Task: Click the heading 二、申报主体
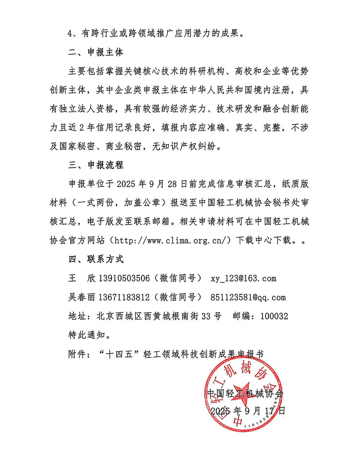click(x=96, y=52)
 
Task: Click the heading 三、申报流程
click(x=96, y=165)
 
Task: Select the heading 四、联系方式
click(x=96, y=259)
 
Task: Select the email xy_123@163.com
click(x=243, y=278)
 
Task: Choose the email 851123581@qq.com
click(x=248, y=297)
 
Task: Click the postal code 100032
click(x=274, y=316)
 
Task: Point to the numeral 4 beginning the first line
click(x=71, y=34)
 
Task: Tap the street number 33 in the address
click(x=206, y=316)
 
